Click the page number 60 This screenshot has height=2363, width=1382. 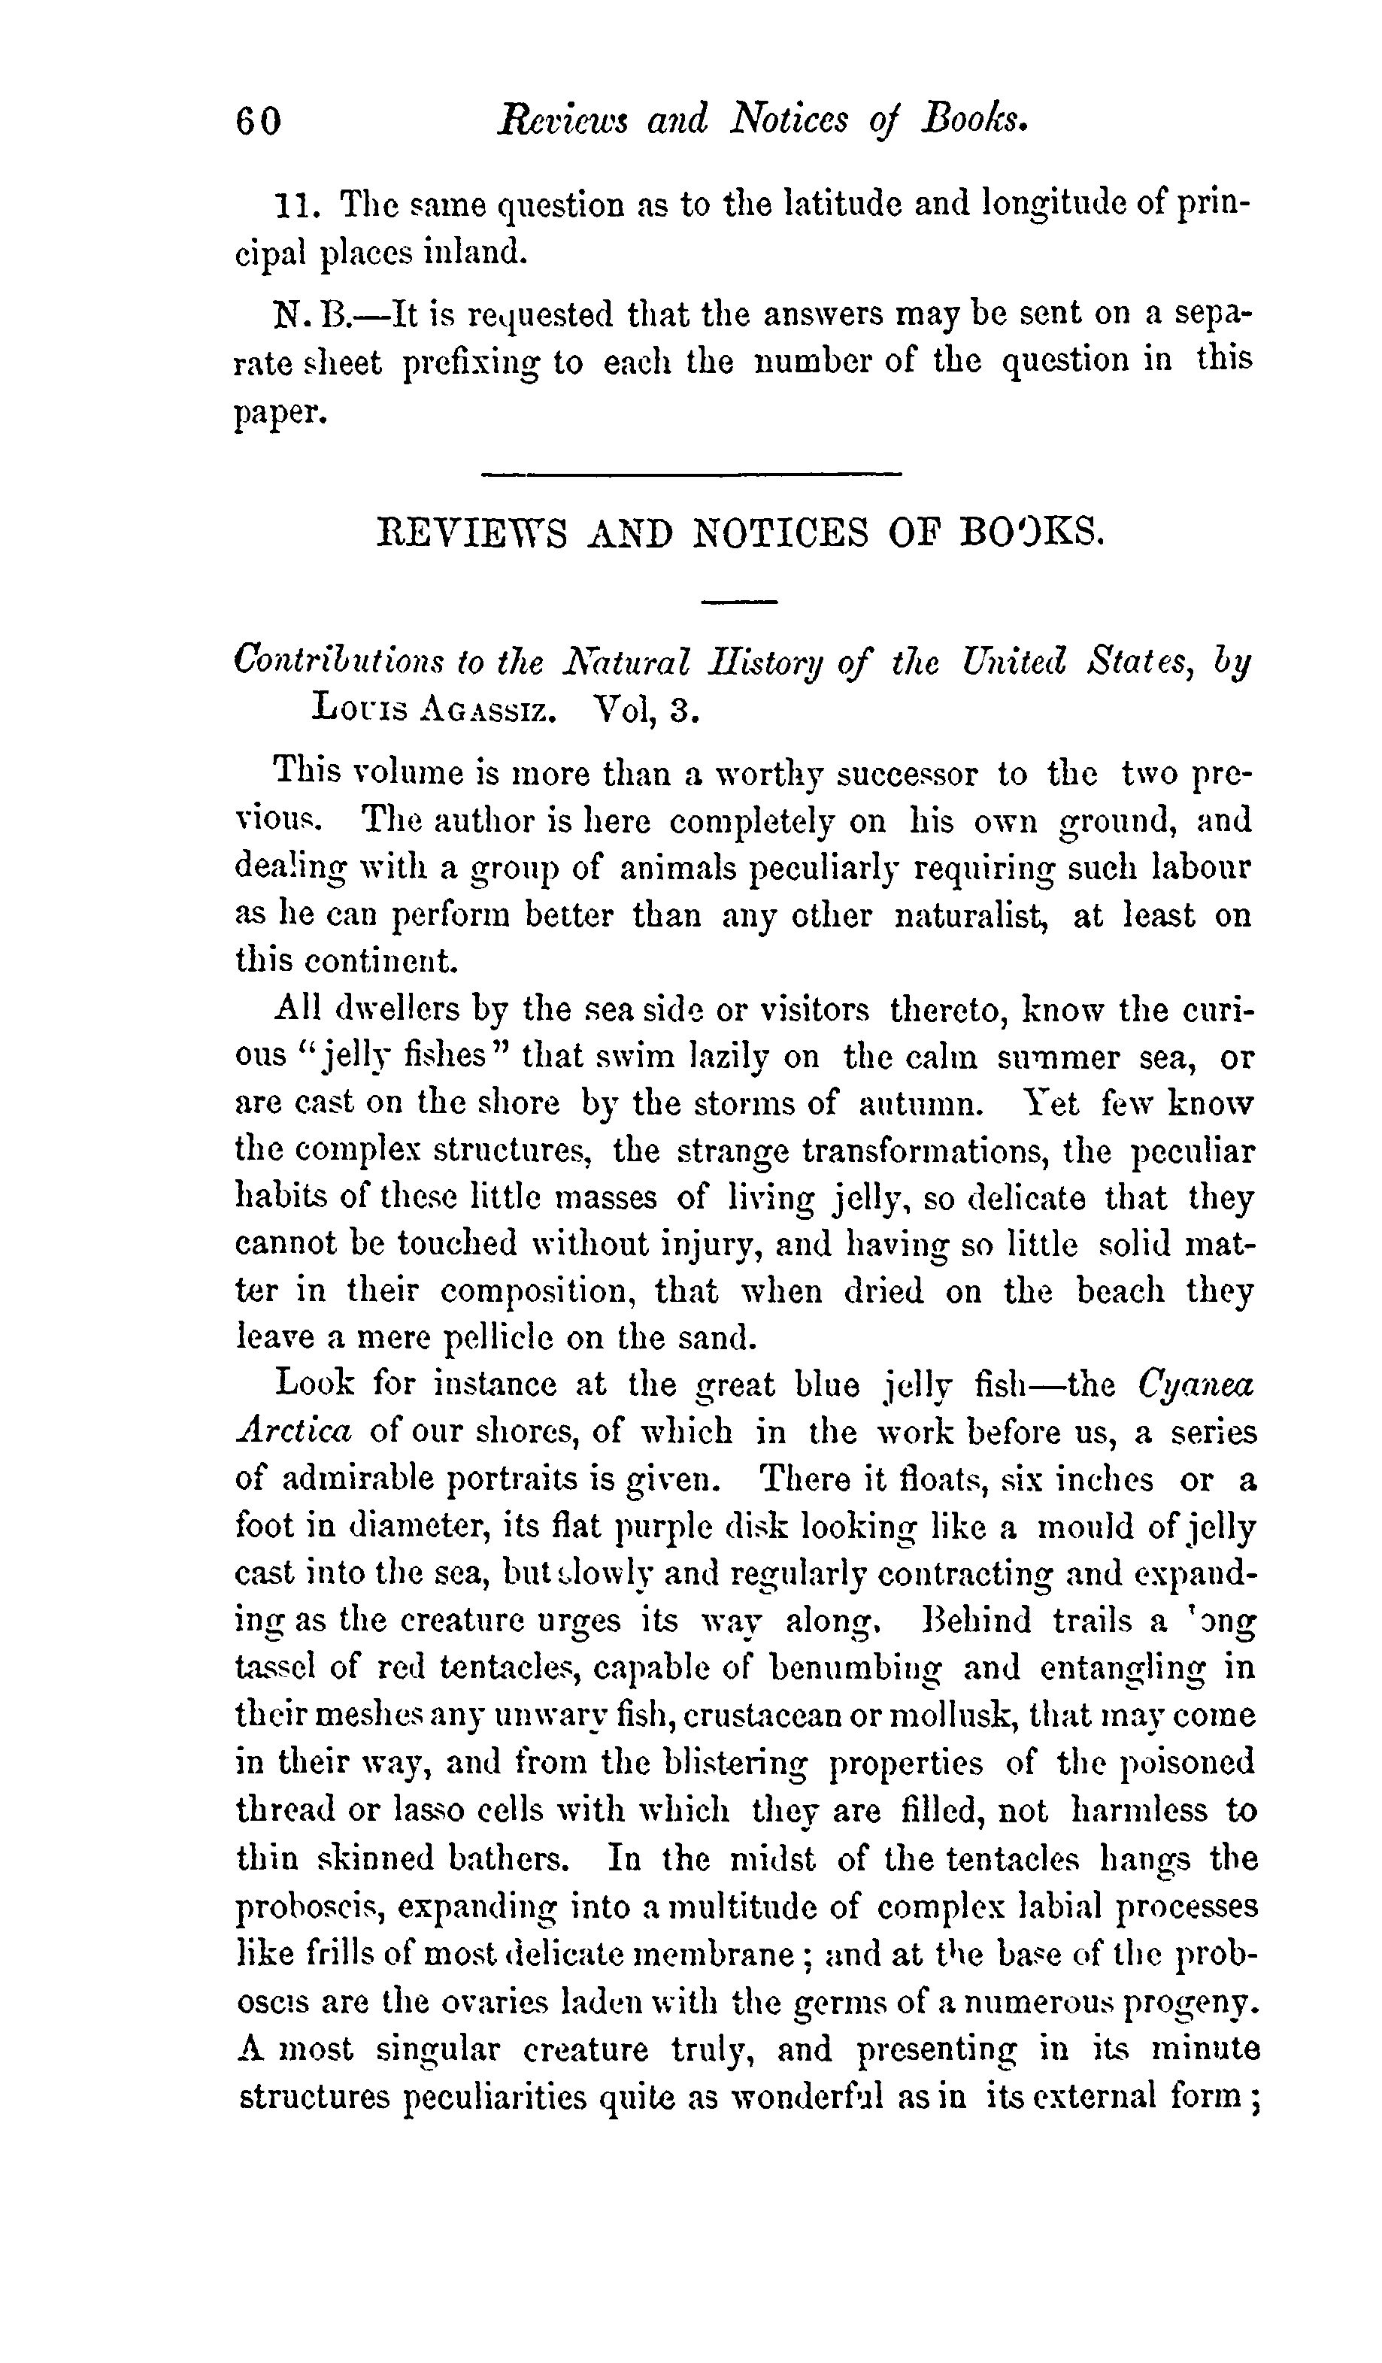pyautogui.click(x=258, y=122)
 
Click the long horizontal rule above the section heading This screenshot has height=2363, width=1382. pyautogui.click(x=690, y=475)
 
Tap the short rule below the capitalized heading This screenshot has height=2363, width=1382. pyautogui.click(x=739, y=601)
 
